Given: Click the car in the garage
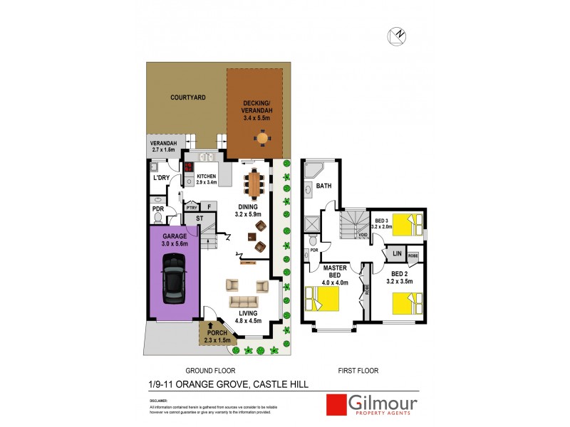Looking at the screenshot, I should (174, 276).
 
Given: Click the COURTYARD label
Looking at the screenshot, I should (188, 97).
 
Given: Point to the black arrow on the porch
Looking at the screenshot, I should (210, 326).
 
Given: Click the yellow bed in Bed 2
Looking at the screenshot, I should (406, 302).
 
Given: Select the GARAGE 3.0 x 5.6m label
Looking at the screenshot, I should (174, 240).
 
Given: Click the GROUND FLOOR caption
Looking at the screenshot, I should (210, 371).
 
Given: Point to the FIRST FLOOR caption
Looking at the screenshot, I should (358, 371).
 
